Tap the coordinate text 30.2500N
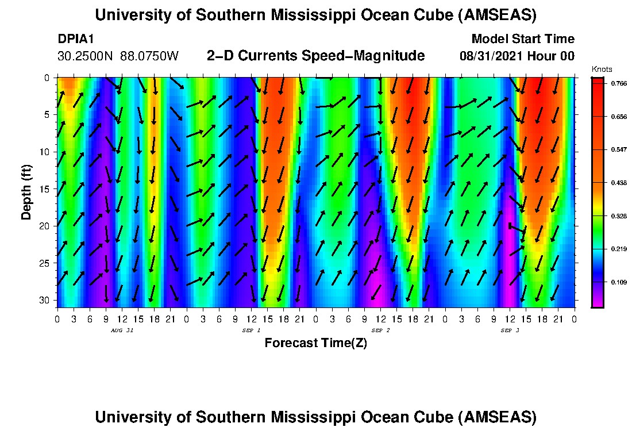tap(86, 56)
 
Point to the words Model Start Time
tap(522, 39)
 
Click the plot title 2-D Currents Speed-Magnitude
tap(315, 56)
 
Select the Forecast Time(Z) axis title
tap(315, 344)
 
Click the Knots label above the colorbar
tap(600, 70)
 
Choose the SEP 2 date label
tap(380, 330)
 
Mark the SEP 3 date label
tap(510, 330)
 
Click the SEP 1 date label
tap(251, 330)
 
